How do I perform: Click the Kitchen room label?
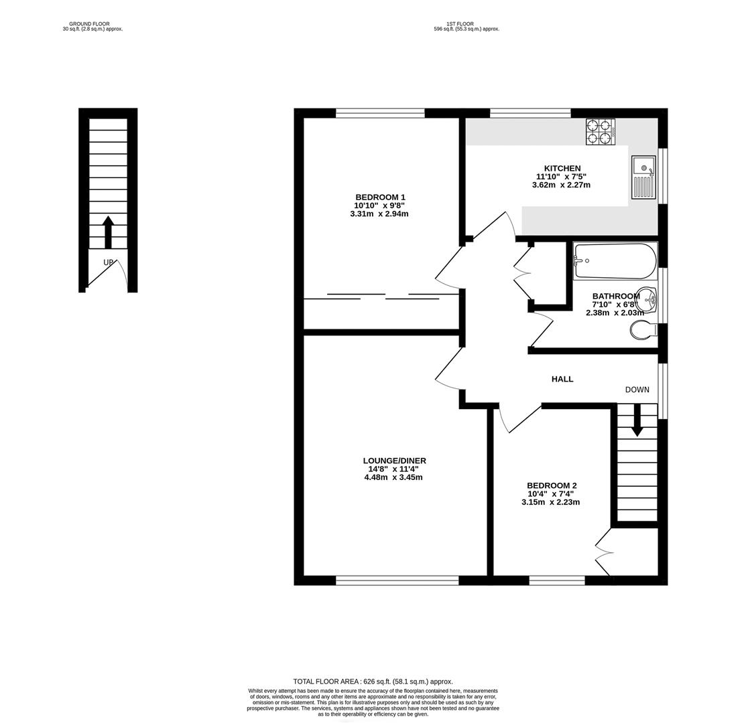[562, 168]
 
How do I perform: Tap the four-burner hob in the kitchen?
[601, 131]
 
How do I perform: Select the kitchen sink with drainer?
[643, 177]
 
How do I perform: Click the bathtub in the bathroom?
[615, 261]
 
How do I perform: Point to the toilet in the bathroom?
[643, 329]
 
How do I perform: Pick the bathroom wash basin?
[647, 297]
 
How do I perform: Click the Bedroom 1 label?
[379, 197]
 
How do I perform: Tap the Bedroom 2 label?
[551, 485]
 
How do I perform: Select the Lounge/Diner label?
[394, 461]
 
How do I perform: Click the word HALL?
[562, 379]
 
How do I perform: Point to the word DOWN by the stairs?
[637, 390]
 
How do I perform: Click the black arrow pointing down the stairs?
[637, 421]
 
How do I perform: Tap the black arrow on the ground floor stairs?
[108, 232]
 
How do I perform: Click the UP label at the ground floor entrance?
[108, 262]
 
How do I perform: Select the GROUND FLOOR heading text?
[89, 23]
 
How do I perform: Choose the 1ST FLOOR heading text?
[460, 23]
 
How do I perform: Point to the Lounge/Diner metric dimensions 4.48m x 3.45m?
[393, 477]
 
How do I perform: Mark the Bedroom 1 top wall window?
[380, 112]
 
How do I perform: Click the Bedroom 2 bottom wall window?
[556, 580]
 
